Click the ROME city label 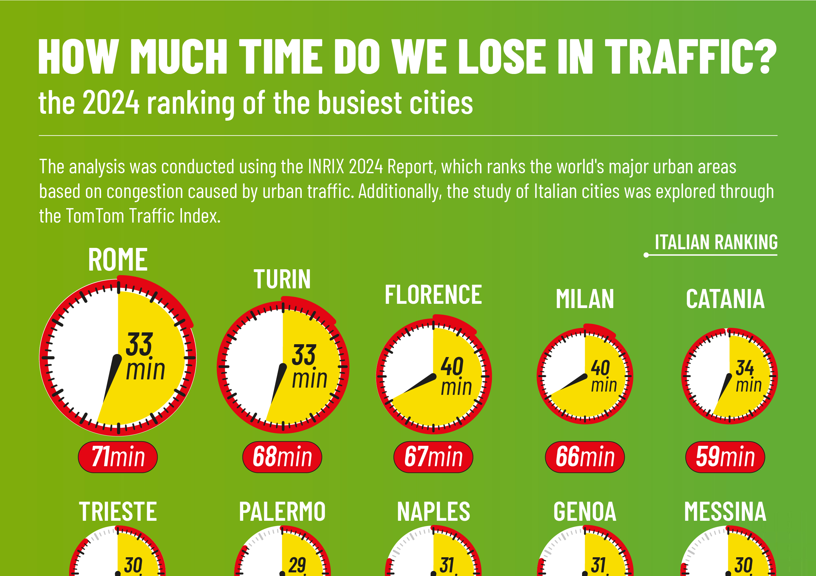(118, 260)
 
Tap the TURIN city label (282, 279)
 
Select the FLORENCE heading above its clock (433, 295)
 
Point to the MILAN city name (585, 299)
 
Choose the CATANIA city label (725, 299)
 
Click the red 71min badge (118, 457)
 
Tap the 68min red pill (282, 457)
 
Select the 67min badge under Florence (433, 457)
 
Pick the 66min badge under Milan (585, 457)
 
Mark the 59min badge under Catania (725, 457)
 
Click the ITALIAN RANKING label (716, 242)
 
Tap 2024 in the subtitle (111, 102)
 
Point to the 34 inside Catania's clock (745, 368)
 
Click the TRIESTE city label (118, 512)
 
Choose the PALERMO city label (282, 512)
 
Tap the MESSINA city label (725, 512)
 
